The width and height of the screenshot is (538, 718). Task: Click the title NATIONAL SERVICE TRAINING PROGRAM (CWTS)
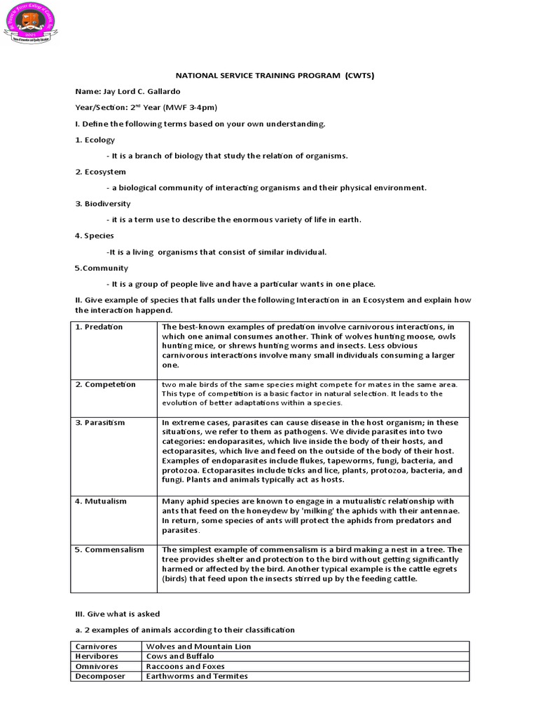[269, 76]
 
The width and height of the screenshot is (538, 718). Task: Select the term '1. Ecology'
[95, 140]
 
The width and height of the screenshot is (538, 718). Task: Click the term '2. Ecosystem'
[100, 172]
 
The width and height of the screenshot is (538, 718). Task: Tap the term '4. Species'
[94, 236]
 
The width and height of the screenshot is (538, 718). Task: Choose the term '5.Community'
[101, 268]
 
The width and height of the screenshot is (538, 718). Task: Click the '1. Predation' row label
[99, 327]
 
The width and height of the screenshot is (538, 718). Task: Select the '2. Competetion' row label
[105, 384]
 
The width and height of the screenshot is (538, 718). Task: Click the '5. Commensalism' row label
[109, 550]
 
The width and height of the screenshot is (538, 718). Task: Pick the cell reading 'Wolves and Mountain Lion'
[198, 646]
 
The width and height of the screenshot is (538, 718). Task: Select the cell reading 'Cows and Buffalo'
[181, 656]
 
